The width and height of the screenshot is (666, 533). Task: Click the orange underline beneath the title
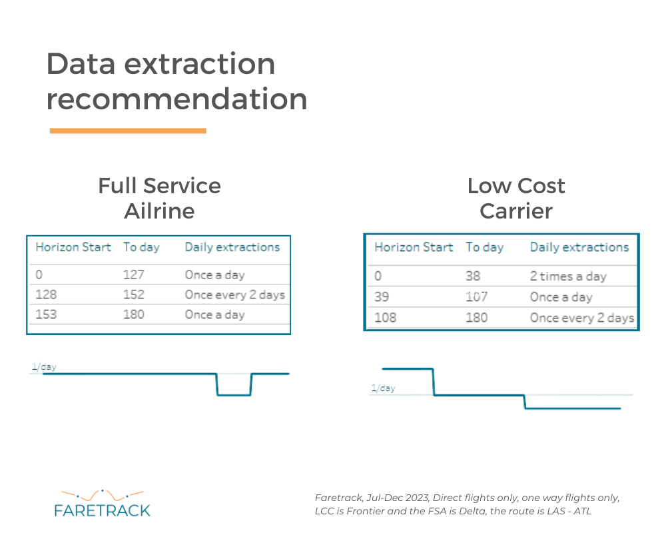pyautogui.click(x=128, y=131)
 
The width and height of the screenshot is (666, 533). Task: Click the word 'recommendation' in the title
pyautogui.click(x=176, y=99)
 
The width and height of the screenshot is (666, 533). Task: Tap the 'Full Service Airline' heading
pyautogui.click(x=160, y=198)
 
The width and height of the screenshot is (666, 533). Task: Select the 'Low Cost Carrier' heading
pyautogui.click(x=516, y=198)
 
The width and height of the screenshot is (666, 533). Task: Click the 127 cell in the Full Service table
pyautogui.click(x=134, y=274)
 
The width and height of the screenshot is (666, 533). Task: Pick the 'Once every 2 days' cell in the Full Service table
pyautogui.click(x=235, y=294)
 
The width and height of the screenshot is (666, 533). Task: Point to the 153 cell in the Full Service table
pyautogui.click(x=46, y=314)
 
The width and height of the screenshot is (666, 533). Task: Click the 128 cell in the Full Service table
pyautogui.click(x=46, y=294)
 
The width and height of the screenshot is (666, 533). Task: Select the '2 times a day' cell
pyautogui.click(x=568, y=276)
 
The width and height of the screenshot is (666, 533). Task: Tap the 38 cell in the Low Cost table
pyautogui.click(x=473, y=276)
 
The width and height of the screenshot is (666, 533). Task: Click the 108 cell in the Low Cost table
pyautogui.click(x=385, y=318)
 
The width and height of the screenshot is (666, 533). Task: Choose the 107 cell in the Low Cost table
pyautogui.click(x=477, y=296)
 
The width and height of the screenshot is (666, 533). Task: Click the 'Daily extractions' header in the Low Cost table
pyautogui.click(x=579, y=247)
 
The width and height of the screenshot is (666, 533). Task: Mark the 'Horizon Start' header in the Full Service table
pyautogui.click(x=73, y=247)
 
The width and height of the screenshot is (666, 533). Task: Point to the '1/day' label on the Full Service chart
pyautogui.click(x=44, y=367)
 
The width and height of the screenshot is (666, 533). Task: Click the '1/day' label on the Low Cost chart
pyautogui.click(x=383, y=388)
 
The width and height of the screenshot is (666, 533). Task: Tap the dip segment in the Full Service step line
pyautogui.click(x=234, y=395)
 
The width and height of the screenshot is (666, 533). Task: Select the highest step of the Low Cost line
pyautogui.click(x=408, y=368)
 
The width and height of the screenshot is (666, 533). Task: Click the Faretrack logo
pyautogui.click(x=103, y=504)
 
